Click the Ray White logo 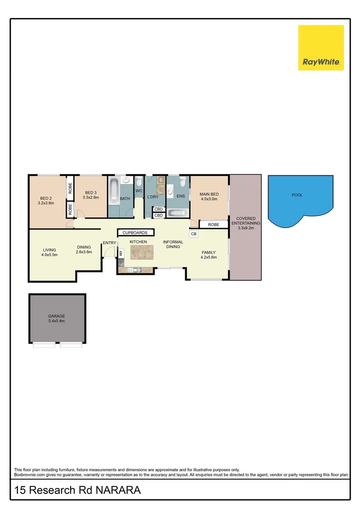click(321, 48)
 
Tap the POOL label click(297, 195)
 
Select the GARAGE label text click(57, 316)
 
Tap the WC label click(139, 191)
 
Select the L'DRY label click(153, 197)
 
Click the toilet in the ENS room click(183, 184)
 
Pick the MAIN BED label click(209, 194)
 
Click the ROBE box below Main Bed click(213, 225)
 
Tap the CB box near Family click(194, 233)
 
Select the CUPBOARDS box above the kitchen click(135, 233)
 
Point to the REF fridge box click(121, 253)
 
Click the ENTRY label click(109, 243)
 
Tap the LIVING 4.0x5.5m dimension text click(49, 255)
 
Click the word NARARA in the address click(118, 491)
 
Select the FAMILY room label click(208, 252)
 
